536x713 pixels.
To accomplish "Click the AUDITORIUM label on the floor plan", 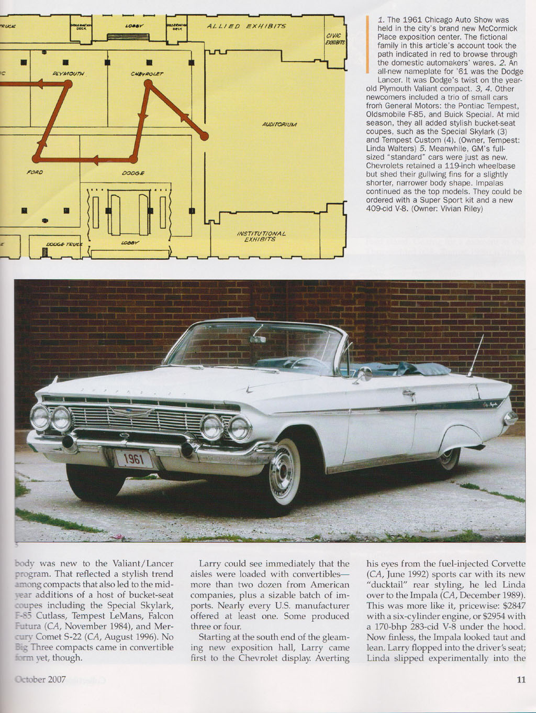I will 280,125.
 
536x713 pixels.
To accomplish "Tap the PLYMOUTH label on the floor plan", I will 69,73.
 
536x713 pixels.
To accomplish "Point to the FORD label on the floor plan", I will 35,172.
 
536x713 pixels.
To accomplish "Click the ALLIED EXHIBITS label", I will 246,26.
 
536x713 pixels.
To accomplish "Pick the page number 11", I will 520,680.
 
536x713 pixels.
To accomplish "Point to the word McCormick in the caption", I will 495,28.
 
